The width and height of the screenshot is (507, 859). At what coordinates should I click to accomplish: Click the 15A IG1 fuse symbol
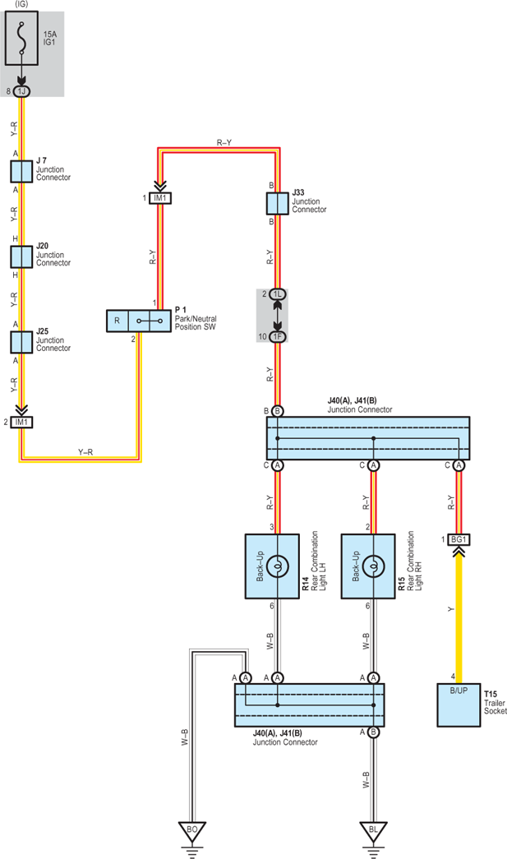(21, 38)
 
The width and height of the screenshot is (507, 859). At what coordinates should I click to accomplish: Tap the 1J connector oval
(21, 91)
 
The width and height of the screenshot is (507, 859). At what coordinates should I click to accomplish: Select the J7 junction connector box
(21, 172)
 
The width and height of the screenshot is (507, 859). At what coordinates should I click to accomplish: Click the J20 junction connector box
(21, 257)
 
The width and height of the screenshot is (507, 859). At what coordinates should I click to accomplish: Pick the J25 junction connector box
(21, 343)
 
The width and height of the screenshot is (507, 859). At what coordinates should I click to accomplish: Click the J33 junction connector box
(278, 203)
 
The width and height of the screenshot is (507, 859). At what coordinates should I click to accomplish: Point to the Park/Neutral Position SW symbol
(139, 321)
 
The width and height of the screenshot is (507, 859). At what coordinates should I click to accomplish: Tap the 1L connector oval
(278, 294)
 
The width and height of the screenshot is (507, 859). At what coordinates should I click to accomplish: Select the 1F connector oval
(278, 337)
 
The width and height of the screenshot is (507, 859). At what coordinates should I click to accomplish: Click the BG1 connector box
(459, 539)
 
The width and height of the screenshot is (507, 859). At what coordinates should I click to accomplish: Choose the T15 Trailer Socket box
(459, 705)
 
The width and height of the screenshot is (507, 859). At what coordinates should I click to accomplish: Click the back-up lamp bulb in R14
(278, 566)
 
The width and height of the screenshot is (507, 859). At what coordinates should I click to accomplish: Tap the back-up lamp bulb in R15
(373, 566)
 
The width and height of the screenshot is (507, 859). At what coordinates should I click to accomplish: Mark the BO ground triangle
(192, 831)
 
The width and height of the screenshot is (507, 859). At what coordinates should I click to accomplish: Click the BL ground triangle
(373, 831)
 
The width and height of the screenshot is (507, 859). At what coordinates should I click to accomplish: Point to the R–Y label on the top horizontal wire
(224, 142)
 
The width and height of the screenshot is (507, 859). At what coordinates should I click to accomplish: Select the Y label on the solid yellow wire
(451, 609)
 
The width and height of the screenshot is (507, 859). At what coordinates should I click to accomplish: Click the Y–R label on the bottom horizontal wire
(85, 452)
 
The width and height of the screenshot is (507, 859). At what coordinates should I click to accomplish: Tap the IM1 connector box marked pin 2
(21, 423)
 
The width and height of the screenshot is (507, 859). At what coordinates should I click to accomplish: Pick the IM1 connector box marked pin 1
(160, 198)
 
